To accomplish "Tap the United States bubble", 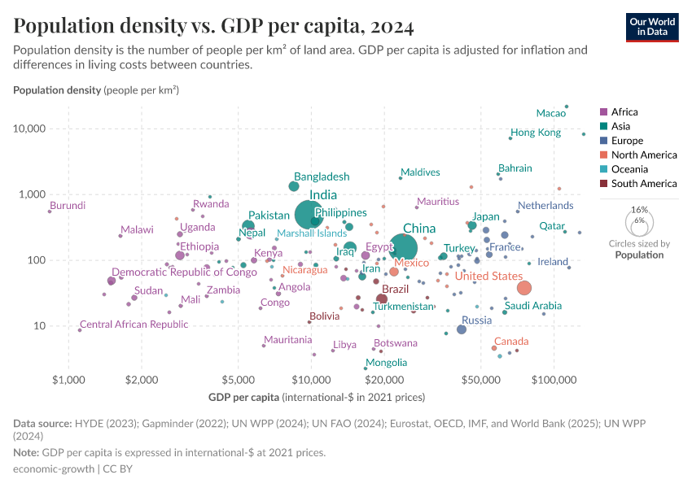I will point(524,288).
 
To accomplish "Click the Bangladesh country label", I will point(322,176).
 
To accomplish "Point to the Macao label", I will point(551,113).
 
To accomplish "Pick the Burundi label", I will point(68,206).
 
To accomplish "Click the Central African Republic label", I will point(134,325).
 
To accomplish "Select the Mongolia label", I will point(387,363).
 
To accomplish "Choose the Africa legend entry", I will point(624,112).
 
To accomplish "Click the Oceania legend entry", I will point(629,169).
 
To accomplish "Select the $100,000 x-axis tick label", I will point(554,380).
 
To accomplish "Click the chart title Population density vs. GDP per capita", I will point(213,26).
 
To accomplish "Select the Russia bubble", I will point(462,329).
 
